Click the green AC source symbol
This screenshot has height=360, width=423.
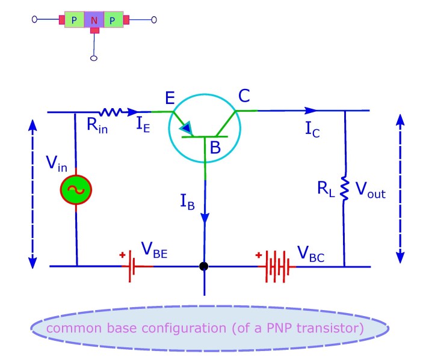coord(76,189)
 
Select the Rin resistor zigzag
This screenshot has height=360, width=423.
coord(111,112)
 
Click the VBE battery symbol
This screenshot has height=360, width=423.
coord(131,266)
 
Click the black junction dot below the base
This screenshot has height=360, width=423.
coord(204,266)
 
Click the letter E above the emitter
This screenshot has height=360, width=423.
coord(171,98)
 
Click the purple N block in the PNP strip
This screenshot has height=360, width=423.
coord(93,20)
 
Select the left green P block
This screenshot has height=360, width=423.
coord(74,20)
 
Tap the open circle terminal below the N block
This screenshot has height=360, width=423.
coord(93,58)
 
